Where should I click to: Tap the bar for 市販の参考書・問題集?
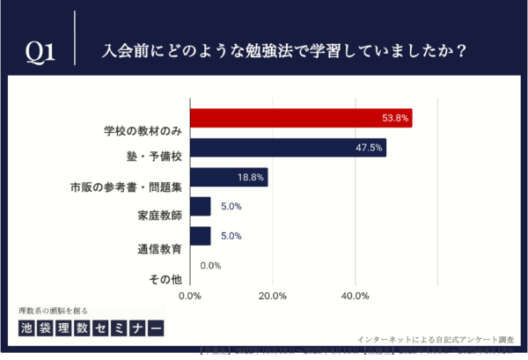[x=229, y=177]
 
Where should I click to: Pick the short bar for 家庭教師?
[x=200, y=206]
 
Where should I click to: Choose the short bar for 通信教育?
[x=200, y=236]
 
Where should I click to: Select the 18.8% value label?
[x=251, y=177]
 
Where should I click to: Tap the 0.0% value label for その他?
[x=210, y=265]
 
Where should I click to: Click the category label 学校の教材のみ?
[x=138, y=131]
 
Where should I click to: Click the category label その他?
[x=165, y=279]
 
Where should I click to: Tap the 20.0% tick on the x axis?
[x=273, y=295]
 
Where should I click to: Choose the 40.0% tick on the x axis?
[x=356, y=295]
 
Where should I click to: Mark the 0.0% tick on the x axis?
[x=190, y=295]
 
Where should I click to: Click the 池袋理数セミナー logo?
[x=91, y=328]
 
